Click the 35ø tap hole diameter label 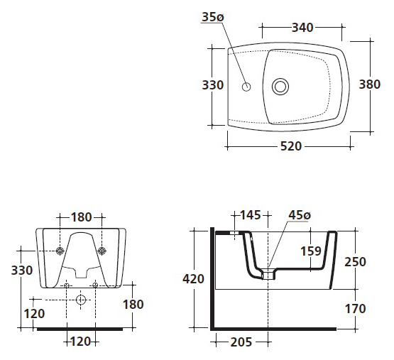[x=213, y=17]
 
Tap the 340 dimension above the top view [x=302, y=28]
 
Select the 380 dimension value [x=370, y=84]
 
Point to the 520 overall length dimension [x=291, y=146]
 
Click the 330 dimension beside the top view [x=213, y=85]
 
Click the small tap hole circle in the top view [x=246, y=87]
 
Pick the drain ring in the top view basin [x=280, y=87]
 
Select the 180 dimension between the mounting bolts [x=82, y=217]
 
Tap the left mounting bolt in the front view [x=60, y=251]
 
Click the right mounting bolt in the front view [x=102, y=251]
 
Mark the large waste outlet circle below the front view [x=81, y=300]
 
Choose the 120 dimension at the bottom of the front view [x=81, y=342]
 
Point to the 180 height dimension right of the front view [x=133, y=305]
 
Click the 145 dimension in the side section [x=251, y=215]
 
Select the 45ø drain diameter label [x=300, y=215]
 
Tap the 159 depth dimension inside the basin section [x=311, y=251]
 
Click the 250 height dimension [x=355, y=262]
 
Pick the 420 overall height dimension [x=193, y=279]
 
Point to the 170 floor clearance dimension [x=355, y=309]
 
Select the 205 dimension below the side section [x=241, y=342]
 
